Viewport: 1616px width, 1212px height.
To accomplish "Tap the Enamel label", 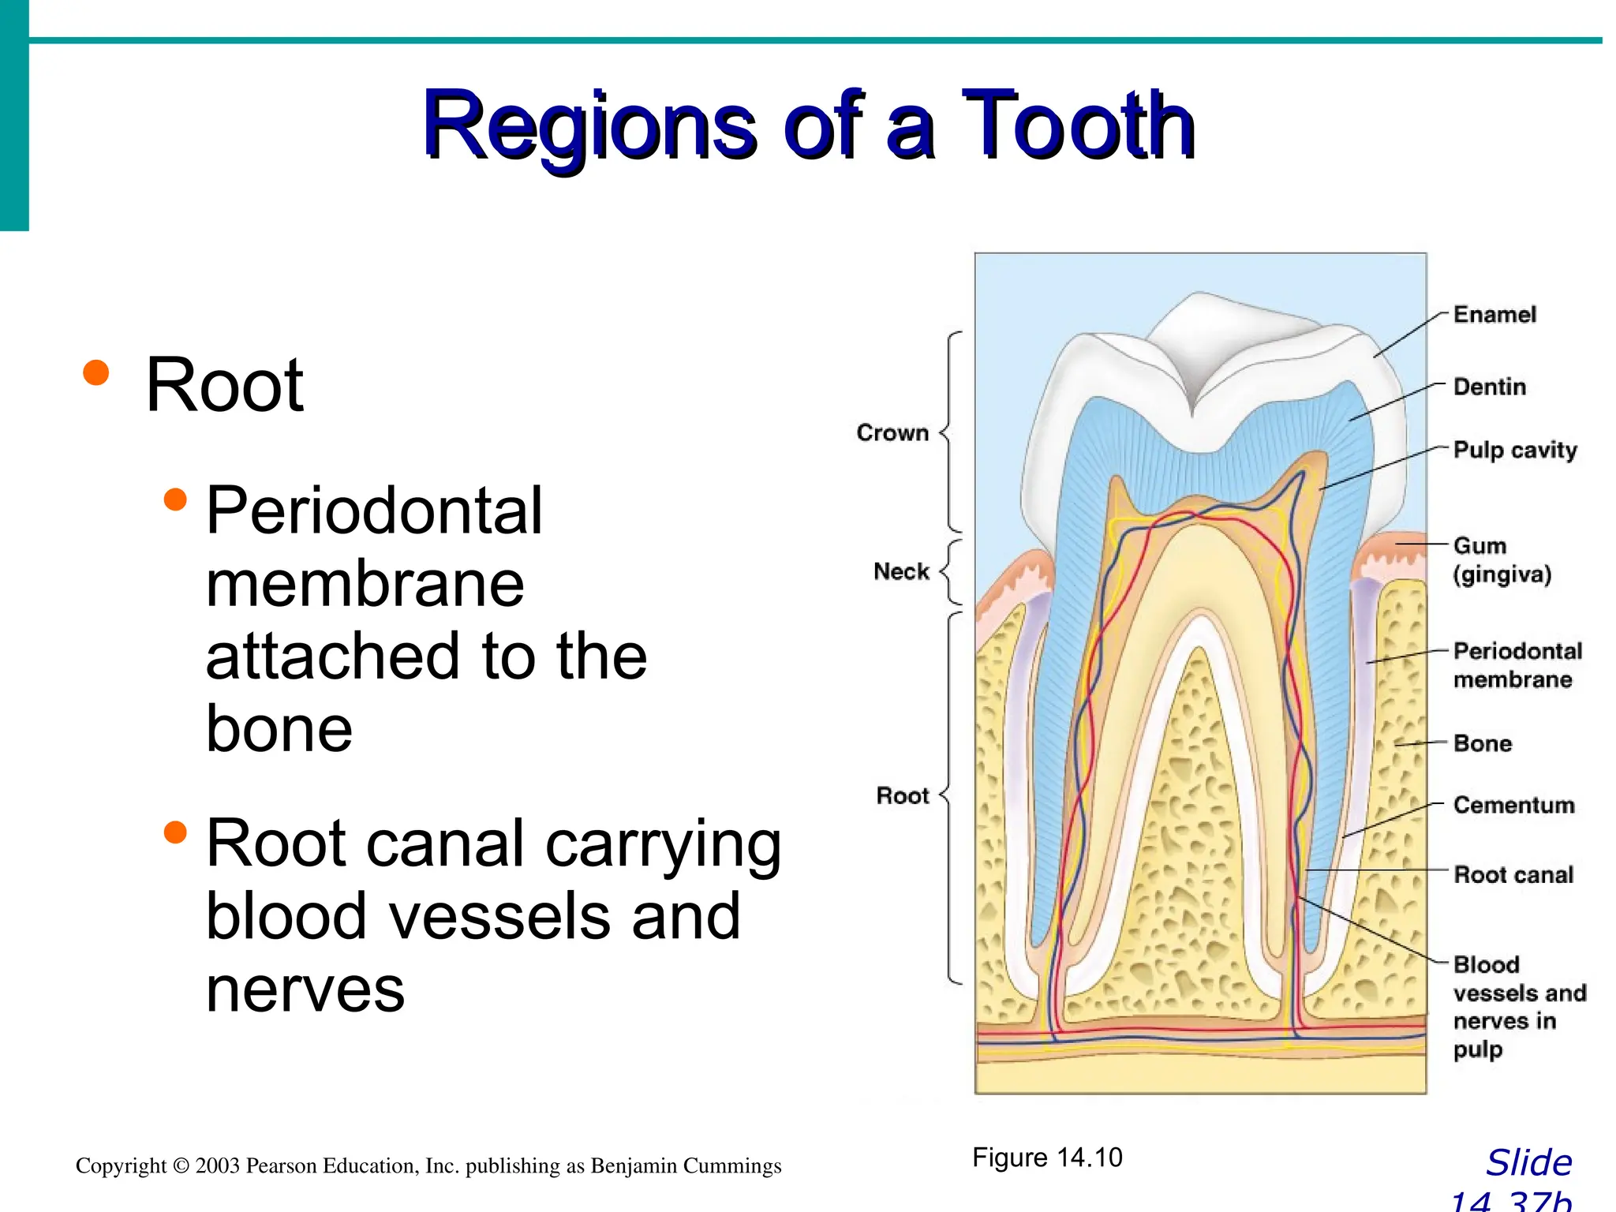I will (1494, 315).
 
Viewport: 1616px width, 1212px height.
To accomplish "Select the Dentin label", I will (1490, 387).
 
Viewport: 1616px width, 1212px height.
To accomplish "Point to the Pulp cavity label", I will (1515, 450).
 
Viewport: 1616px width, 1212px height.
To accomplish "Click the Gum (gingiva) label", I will (1502, 559).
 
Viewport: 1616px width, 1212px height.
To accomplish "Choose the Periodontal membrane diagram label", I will (1517, 665).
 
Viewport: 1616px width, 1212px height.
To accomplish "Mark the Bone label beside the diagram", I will (1483, 743).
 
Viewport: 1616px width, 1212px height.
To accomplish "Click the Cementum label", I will (1513, 805).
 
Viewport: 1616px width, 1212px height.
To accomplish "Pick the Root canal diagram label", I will (1513, 874).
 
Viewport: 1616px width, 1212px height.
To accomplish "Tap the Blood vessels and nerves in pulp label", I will (1518, 1007).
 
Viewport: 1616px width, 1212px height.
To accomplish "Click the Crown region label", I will (892, 433).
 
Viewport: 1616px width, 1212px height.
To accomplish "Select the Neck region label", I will (901, 571).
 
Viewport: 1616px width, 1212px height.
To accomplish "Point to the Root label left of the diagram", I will (903, 795).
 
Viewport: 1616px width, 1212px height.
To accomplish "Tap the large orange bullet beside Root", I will (96, 372).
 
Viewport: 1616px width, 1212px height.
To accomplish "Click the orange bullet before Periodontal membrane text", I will (175, 499).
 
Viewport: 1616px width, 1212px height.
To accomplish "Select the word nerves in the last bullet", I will (305, 989).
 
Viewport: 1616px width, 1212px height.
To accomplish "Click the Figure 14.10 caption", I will (1047, 1158).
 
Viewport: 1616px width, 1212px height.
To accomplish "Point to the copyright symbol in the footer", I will (181, 1166).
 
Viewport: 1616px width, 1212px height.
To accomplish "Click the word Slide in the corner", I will (1528, 1163).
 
